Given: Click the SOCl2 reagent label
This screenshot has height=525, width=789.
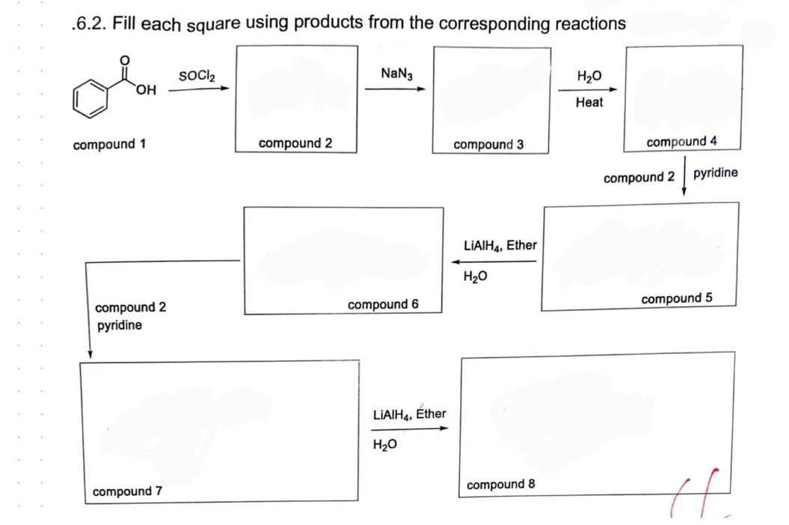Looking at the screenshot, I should (x=197, y=77).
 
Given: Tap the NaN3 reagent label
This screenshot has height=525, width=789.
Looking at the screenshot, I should (x=396, y=74).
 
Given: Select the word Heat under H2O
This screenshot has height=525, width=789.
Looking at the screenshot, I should (x=589, y=103).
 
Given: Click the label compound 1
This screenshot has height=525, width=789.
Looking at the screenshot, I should (x=109, y=144).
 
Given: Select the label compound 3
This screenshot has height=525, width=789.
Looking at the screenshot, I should (x=488, y=144).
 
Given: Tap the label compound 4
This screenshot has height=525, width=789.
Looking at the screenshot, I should (x=682, y=142).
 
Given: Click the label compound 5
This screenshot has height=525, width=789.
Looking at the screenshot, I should (x=677, y=299).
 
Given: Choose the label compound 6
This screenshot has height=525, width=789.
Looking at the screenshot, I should (x=383, y=304).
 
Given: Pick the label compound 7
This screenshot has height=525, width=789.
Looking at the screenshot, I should (x=127, y=491).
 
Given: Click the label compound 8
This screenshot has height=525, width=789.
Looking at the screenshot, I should (x=500, y=485).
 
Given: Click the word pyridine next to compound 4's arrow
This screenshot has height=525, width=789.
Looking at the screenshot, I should (x=715, y=173).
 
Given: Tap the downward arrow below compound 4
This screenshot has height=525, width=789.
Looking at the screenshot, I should (x=684, y=175).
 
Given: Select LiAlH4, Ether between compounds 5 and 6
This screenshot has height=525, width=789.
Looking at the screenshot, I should (x=500, y=245).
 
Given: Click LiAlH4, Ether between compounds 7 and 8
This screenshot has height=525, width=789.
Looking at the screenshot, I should (x=408, y=414).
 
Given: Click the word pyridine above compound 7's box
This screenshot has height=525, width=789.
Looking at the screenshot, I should (x=118, y=326).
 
